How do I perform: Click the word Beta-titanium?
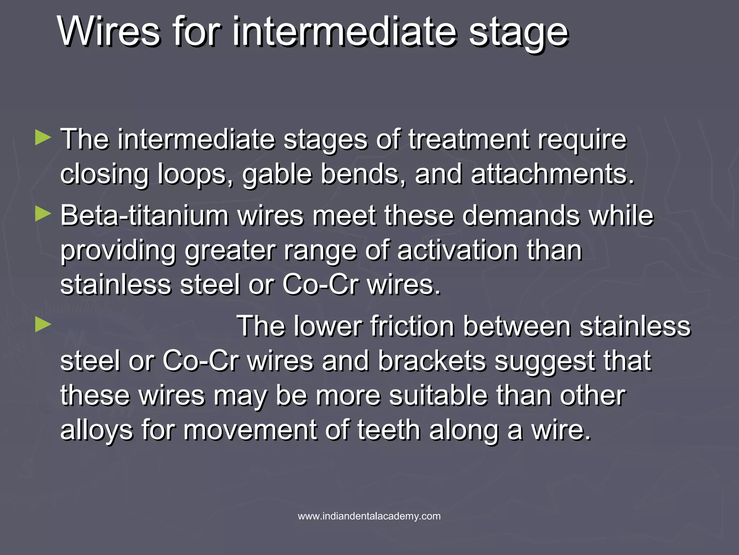tap(144, 216)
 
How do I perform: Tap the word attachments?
tap(552, 175)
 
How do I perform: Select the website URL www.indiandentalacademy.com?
tap(369, 516)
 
